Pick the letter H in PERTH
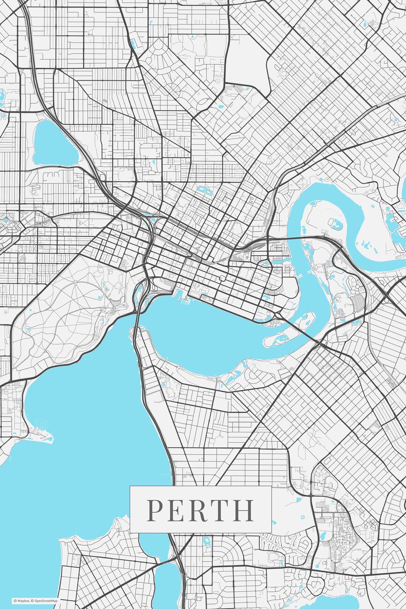tap(244, 510)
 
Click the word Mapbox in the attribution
tap(23, 601)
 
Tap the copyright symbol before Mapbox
tap(15, 601)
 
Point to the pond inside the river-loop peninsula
tap(335, 224)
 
